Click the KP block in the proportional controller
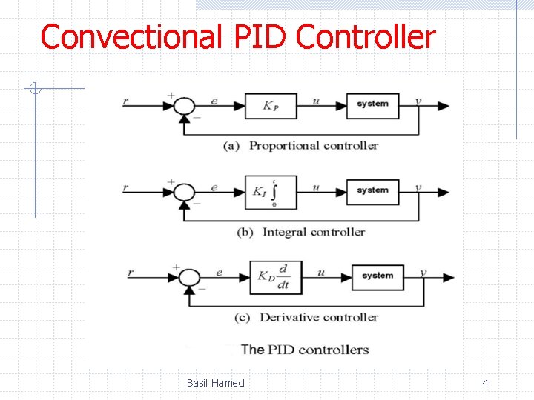tap(271, 106)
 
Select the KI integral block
tap(271, 192)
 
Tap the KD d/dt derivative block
tap(275, 278)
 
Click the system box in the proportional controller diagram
tap(372, 105)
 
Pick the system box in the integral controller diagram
tap(372, 191)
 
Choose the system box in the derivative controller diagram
tap(378, 276)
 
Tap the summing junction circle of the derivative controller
tap(189, 277)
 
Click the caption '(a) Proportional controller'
tap(300, 146)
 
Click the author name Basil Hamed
tap(215, 383)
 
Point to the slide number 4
tap(485, 383)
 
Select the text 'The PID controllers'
tap(305, 350)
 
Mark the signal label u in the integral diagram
tap(316, 187)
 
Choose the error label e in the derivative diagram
tap(220, 273)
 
